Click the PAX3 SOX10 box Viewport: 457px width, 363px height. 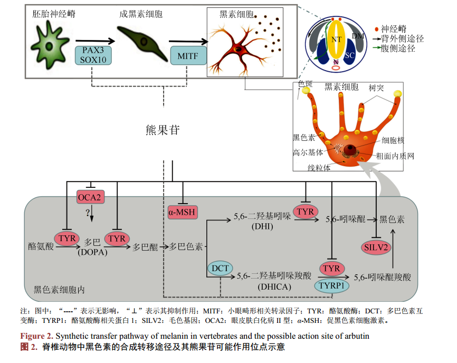pyautogui.click(x=94, y=55)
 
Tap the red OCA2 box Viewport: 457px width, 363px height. pyautogui.click(x=89, y=198)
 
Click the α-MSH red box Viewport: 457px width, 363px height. pyautogui.click(x=182, y=213)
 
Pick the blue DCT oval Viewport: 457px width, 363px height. pyautogui.click(x=220, y=268)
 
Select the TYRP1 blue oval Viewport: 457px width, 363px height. pyautogui.click(x=332, y=285)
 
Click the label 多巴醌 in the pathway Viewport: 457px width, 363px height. pyautogui.click(x=145, y=246)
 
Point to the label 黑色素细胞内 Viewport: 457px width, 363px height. pyautogui.click(x=59, y=290)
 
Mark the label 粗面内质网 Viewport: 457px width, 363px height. pyautogui.click(x=395, y=156)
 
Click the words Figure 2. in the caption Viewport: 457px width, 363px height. pyautogui.click(x=36, y=336)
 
